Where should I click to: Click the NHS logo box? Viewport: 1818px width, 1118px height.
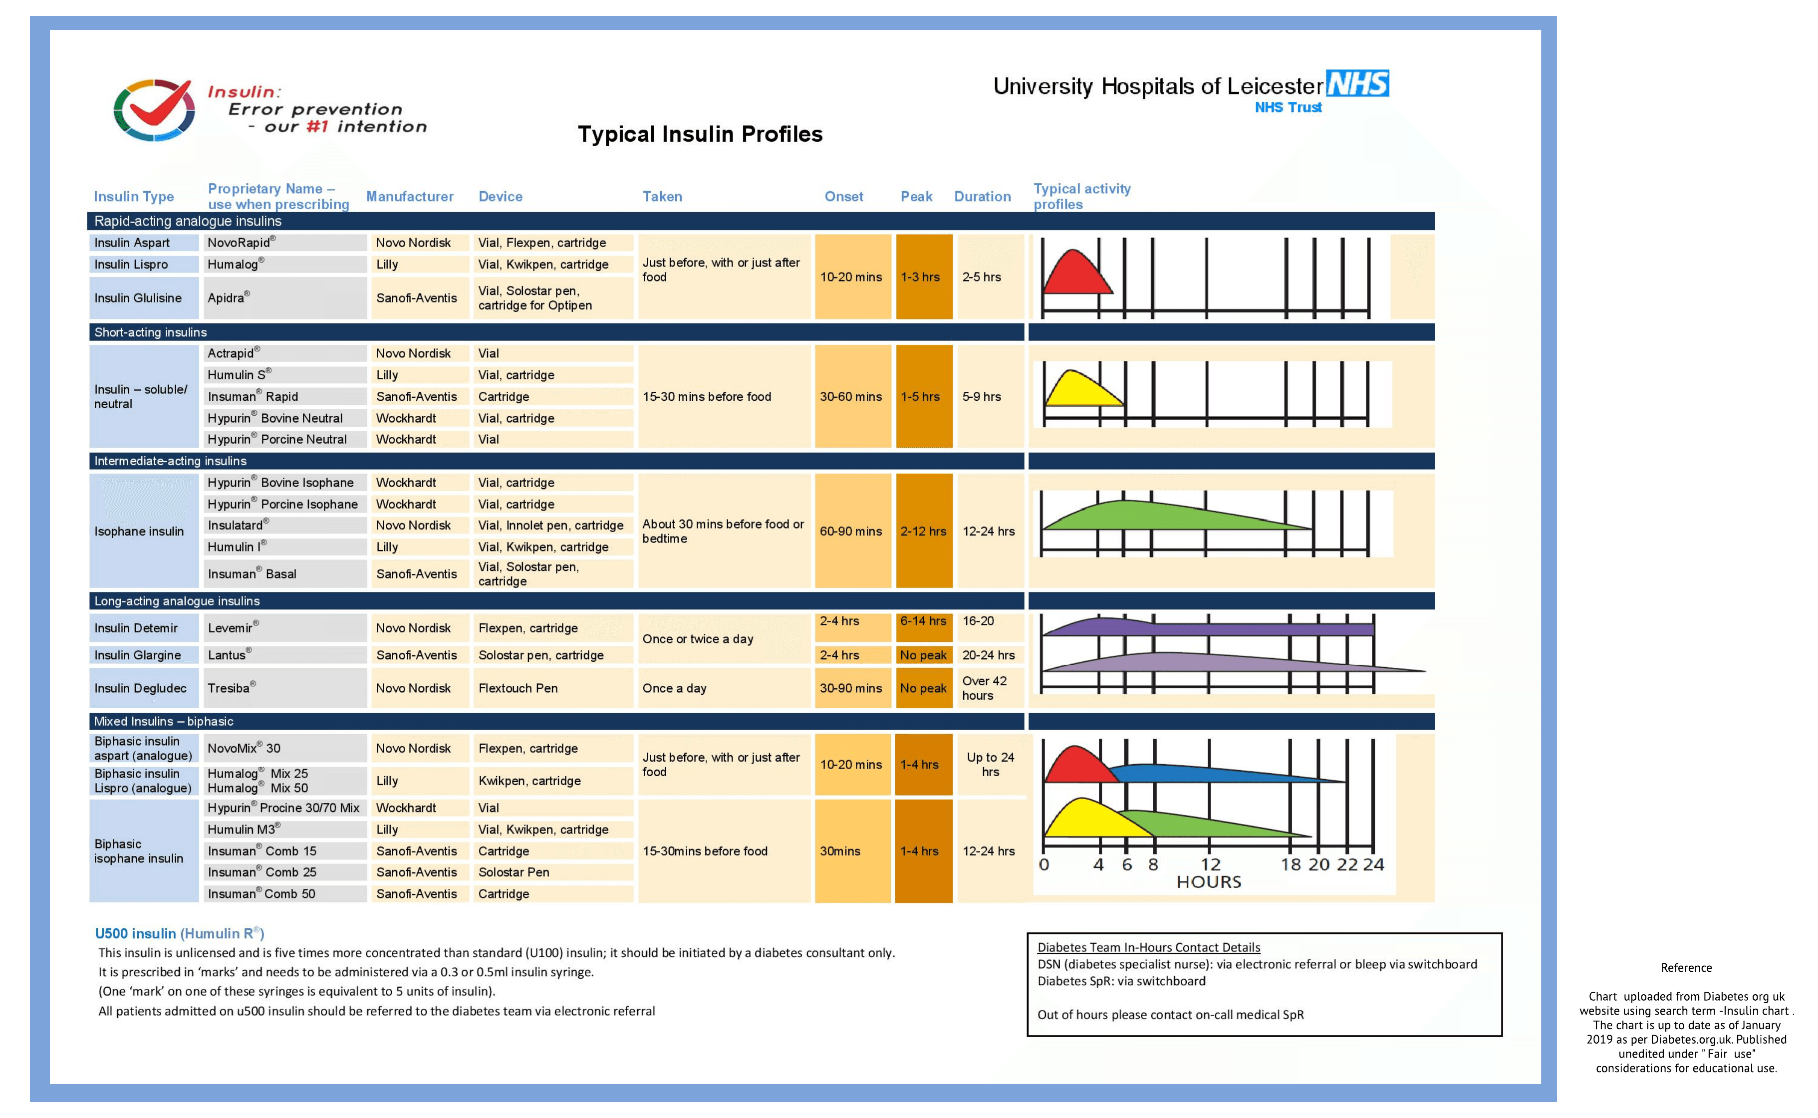[1357, 83]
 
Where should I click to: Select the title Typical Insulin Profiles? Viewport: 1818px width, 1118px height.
[699, 134]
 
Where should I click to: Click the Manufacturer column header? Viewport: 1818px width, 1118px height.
[410, 197]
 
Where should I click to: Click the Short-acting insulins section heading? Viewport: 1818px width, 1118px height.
[151, 332]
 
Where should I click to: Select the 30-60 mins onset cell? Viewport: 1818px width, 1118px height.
[851, 396]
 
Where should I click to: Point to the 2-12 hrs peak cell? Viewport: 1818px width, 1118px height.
[923, 531]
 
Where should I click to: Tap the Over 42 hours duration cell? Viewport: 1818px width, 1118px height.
[985, 688]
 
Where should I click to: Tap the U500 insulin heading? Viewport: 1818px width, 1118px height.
[179, 933]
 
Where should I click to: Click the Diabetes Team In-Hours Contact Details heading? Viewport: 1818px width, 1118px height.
[1148, 947]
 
